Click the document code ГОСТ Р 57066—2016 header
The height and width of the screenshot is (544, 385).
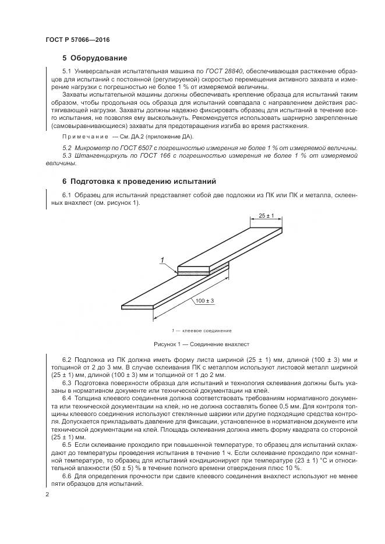click(77, 40)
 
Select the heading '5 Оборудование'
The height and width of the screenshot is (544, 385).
click(94, 58)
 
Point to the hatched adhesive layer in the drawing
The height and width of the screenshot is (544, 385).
click(201, 271)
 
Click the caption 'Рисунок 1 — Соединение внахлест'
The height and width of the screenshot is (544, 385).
click(201, 344)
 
